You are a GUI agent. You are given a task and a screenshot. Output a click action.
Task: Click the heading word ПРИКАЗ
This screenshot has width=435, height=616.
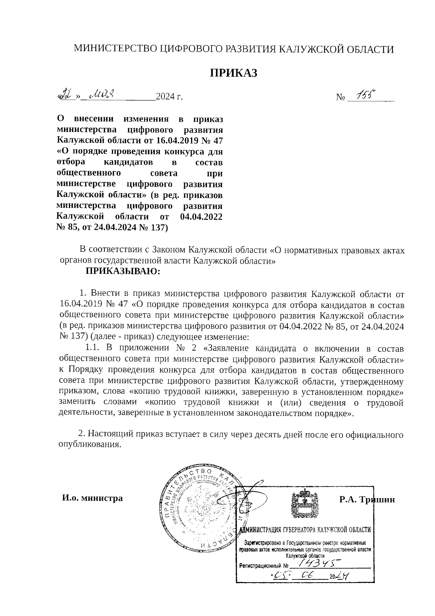pos(234,73)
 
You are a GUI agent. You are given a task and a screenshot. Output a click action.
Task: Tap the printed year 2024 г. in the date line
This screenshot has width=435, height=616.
pos(169,97)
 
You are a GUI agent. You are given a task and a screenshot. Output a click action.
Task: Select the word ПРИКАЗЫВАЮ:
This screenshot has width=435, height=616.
pos(123,271)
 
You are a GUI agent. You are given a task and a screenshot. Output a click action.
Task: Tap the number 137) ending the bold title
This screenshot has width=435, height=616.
pos(158,228)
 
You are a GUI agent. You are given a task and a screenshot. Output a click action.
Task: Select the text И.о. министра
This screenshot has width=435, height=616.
pos(92,498)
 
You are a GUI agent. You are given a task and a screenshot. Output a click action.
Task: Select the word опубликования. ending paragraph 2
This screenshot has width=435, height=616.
pos(90,445)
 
